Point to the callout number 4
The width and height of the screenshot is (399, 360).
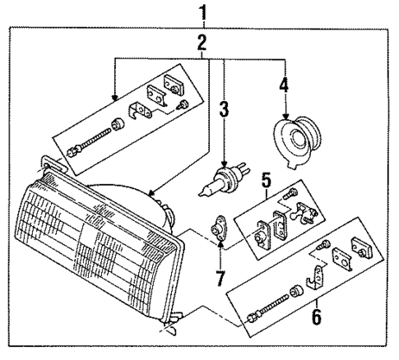[284, 84]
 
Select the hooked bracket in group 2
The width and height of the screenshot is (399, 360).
[142, 108]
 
